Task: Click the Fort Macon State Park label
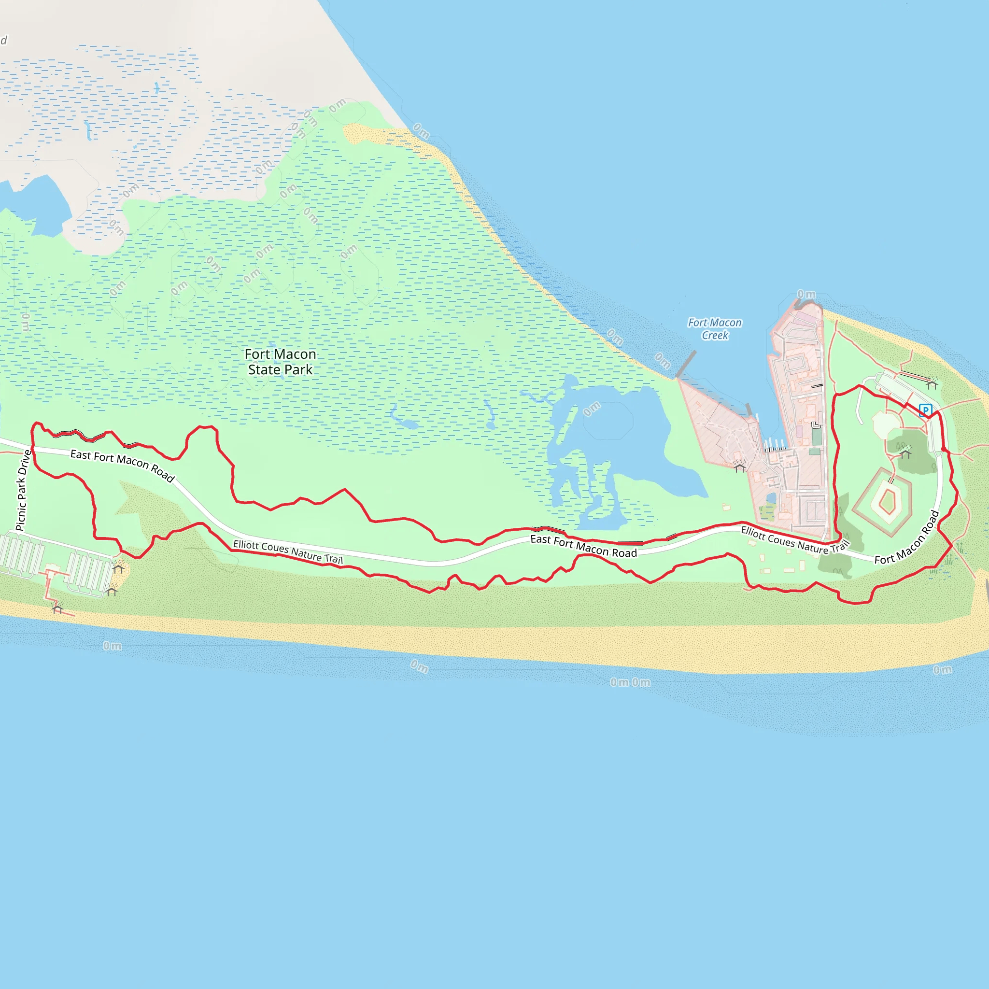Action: (x=280, y=362)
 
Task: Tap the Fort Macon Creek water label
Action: (x=715, y=329)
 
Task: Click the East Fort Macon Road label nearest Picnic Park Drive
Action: (x=122, y=465)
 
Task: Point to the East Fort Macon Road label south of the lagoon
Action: (x=583, y=546)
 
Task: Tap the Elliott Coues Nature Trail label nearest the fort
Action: (x=794, y=539)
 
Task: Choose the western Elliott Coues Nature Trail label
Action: (x=288, y=551)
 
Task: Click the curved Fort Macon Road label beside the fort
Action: (x=906, y=538)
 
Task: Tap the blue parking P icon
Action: (x=925, y=410)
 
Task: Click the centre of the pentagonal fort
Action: (x=887, y=501)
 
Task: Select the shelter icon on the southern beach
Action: (x=57, y=608)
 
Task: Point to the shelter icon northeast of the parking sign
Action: (x=932, y=383)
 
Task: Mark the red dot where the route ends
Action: (x=944, y=449)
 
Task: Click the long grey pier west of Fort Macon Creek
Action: (x=686, y=364)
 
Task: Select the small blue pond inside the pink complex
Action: (x=771, y=498)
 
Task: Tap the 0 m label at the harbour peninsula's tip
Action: (x=807, y=295)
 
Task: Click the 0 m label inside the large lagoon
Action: (x=592, y=409)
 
